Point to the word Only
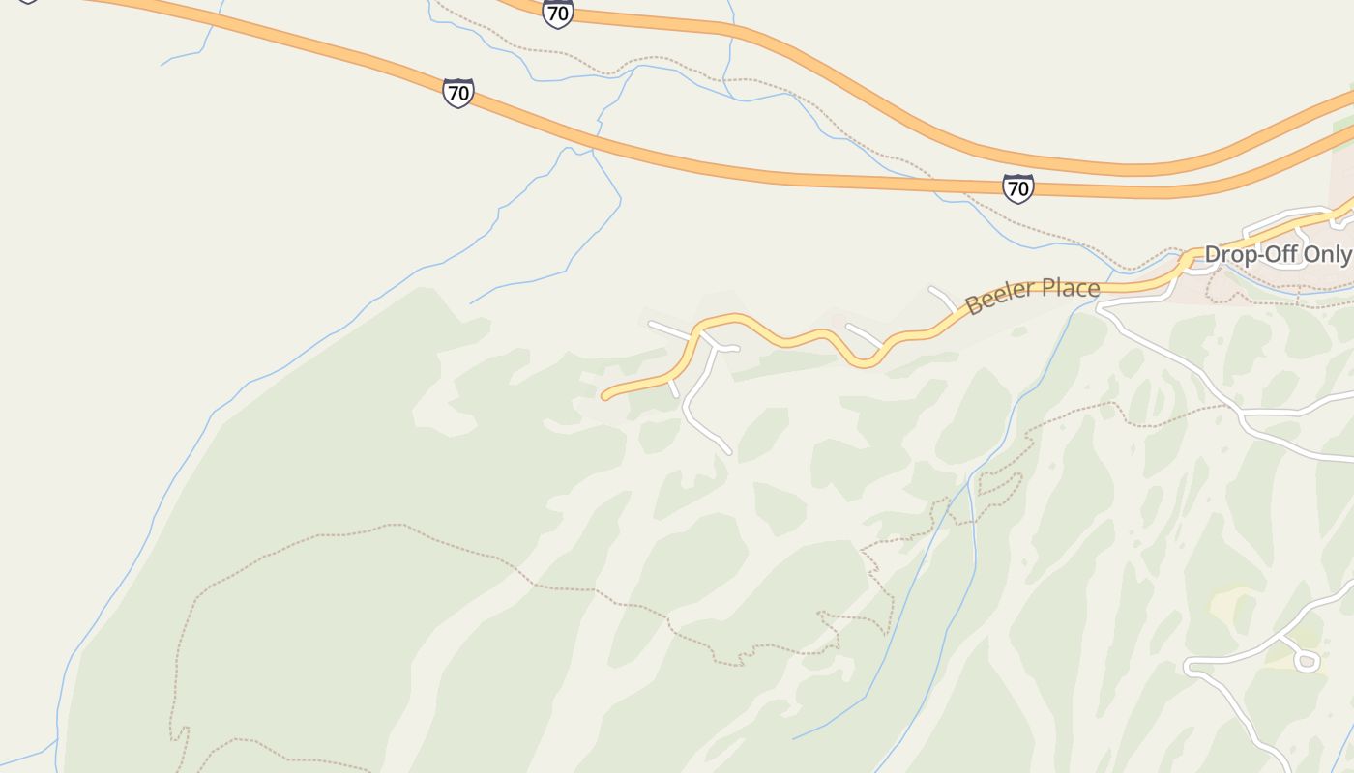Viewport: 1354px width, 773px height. click(1325, 254)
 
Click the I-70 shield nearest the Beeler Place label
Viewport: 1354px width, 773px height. click(1017, 187)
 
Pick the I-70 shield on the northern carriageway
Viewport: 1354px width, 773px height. click(557, 14)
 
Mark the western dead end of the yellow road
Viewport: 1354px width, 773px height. click(605, 395)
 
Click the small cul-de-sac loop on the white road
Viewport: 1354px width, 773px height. click(1306, 661)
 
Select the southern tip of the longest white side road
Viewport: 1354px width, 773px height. click(728, 450)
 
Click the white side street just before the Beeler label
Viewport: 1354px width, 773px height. click(943, 298)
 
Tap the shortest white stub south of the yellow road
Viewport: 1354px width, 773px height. click(673, 388)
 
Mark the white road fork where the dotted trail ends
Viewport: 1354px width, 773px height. click(1240, 410)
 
